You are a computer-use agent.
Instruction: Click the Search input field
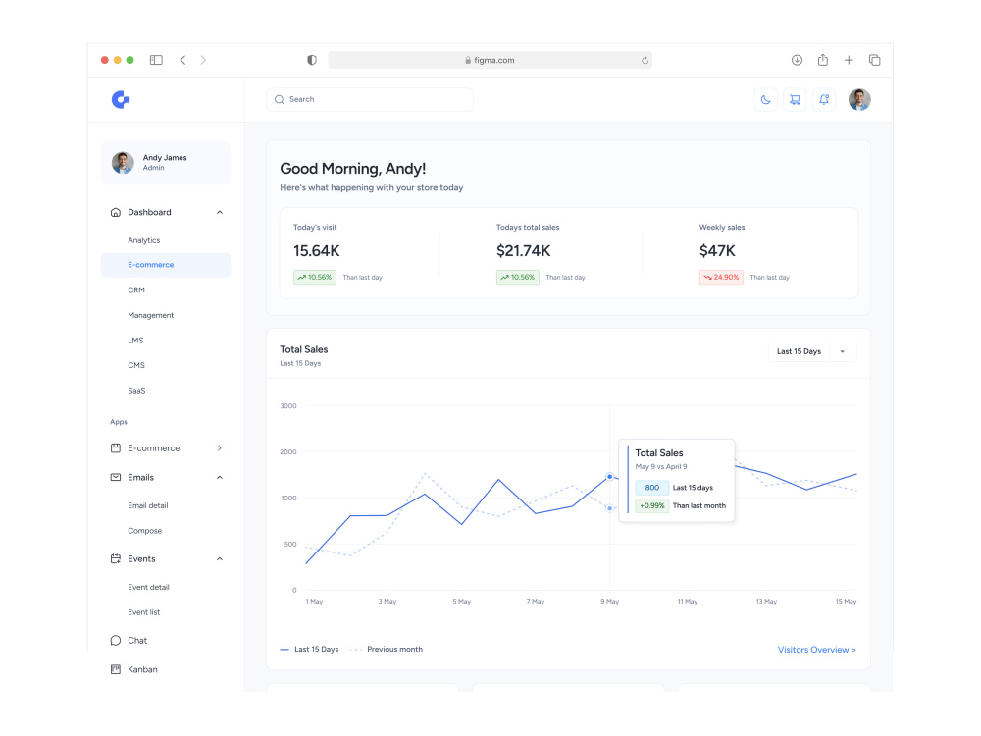point(370,99)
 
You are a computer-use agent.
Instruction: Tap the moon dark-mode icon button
point(765,99)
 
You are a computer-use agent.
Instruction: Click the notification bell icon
point(824,99)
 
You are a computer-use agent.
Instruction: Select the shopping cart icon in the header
point(795,99)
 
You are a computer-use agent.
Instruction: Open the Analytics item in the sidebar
point(144,240)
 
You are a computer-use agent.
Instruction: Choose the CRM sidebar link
point(136,290)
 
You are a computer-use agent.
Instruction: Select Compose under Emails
point(144,531)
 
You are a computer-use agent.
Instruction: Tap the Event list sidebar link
point(144,612)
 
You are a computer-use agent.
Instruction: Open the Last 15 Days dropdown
point(812,351)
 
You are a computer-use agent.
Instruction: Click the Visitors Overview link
point(816,650)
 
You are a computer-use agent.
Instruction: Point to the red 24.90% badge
point(721,278)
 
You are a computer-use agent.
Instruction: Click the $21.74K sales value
point(524,251)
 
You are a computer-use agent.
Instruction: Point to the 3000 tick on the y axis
point(288,406)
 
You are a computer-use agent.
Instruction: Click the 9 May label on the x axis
point(610,602)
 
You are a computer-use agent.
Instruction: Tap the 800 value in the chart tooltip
point(652,488)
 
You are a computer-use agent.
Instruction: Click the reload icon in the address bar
point(645,60)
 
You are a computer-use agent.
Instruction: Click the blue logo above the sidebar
point(121,99)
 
